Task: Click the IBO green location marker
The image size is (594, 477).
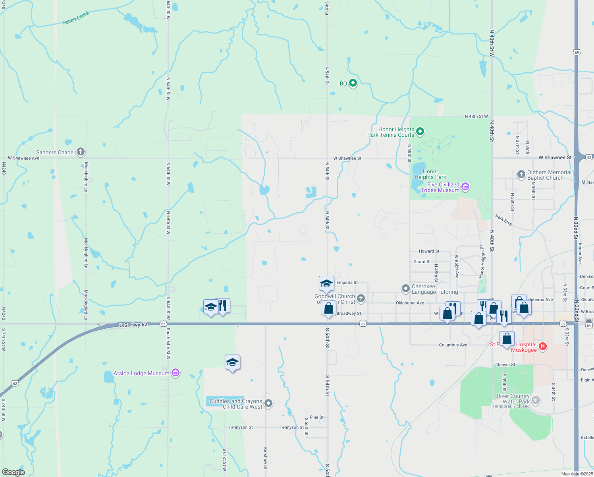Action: click(353, 83)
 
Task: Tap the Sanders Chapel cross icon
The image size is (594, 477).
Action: click(81, 151)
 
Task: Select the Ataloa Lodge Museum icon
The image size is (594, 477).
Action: click(175, 373)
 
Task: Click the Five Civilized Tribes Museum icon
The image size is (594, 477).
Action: click(465, 186)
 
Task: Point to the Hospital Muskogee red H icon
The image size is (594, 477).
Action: click(543, 347)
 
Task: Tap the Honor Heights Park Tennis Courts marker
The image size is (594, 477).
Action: click(420, 131)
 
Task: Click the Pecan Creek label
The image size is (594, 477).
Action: click(76, 18)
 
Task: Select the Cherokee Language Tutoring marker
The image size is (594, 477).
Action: click(405, 289)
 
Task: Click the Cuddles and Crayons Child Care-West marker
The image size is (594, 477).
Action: click(268, 403)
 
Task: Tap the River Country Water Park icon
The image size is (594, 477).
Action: click(536, 399)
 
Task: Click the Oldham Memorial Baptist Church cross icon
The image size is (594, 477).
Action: click(521, 174)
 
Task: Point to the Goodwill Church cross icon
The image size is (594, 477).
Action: click(361, 298)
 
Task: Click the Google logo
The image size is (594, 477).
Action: click(13, 472)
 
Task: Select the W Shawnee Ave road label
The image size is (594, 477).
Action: click(24, 158)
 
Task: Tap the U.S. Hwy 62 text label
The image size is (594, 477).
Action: click(133, 325)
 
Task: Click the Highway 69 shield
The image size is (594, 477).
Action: click(577, 52)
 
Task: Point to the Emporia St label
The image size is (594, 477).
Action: click(347, 283)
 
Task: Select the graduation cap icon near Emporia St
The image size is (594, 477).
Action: click(326, 283)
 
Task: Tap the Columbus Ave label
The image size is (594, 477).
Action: click(453, 345)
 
